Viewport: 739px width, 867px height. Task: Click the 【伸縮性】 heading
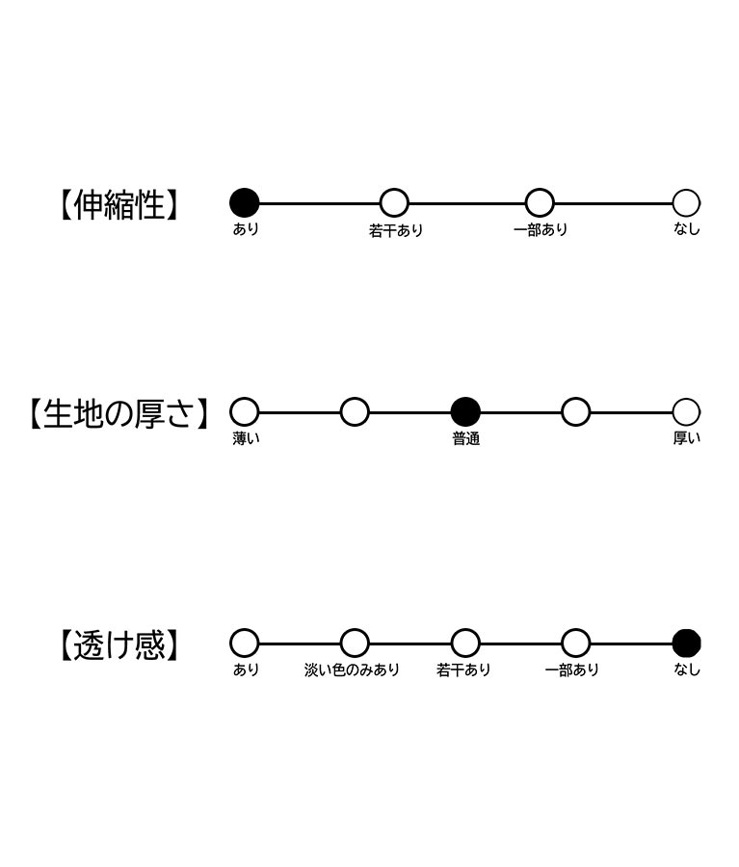coord(119,204)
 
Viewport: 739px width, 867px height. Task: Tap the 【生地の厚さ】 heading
coord(119,413)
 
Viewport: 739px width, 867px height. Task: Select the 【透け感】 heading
coord(119,644)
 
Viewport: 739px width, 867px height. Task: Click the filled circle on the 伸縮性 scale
coord(245,203)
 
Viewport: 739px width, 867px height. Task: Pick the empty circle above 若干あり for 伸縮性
coord(394,203)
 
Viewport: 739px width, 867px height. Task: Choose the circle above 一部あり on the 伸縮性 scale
coord(540,203)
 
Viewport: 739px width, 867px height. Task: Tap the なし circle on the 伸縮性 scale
coord(686,203)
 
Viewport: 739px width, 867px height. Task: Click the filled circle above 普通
coord(465,412)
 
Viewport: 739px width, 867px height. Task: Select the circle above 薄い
coord(245,412)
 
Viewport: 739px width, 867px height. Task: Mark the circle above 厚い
coord(686,412)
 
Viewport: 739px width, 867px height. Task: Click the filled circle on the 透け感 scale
coord(686,644)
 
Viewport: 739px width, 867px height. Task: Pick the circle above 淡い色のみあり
coord(355,644)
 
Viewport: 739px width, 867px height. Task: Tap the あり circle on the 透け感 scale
coord(245,644)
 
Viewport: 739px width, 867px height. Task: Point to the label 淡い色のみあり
coord(352,670)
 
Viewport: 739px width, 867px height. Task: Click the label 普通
coord(465,439)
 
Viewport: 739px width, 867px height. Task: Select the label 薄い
coord(246,438)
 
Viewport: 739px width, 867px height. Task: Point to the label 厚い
coord(686,438)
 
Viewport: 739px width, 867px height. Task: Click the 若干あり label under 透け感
coord(463,670)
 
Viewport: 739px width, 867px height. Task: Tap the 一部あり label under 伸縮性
coord(541,229)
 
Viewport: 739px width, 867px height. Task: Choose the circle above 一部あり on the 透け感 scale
coord(576,644)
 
